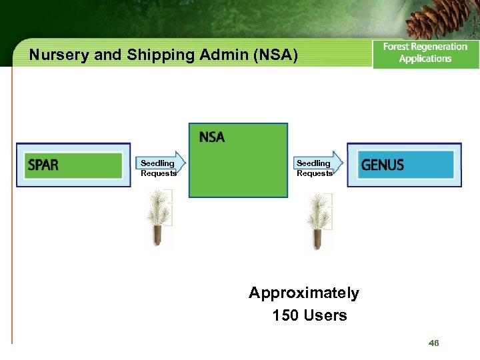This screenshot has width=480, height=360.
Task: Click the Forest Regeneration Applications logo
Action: [425, 53]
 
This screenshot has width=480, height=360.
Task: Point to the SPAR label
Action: [43, 165]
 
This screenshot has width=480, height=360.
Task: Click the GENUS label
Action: [383, 165]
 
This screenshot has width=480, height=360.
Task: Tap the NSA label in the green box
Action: [212, 137]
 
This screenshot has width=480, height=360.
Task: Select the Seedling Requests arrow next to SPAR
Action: [159, 167]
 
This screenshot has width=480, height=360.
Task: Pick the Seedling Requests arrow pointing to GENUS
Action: [316, 167]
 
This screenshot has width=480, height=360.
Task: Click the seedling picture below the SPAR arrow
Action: [158, 217]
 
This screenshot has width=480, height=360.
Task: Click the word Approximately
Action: [304, 293]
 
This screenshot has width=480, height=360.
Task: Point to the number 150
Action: [285, 315]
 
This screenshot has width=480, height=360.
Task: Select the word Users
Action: [325, 315]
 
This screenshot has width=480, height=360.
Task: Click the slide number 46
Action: [434, 343]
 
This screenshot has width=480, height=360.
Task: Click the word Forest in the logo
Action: [398, 47]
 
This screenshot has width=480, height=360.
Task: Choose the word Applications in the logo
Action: [425, 59]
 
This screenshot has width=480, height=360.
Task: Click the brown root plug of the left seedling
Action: [158, 235]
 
